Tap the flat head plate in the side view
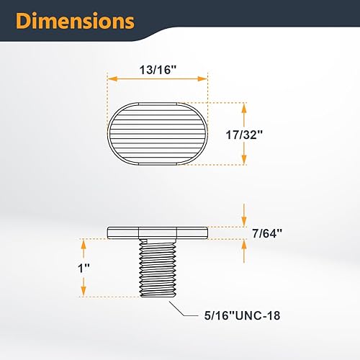coord(157,233)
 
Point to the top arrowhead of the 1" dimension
coord(84,243)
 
